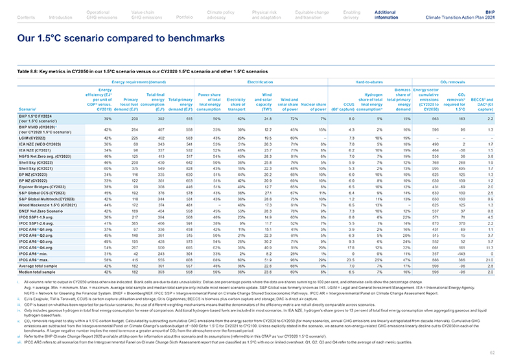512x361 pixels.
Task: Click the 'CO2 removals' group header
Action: (454, 82)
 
